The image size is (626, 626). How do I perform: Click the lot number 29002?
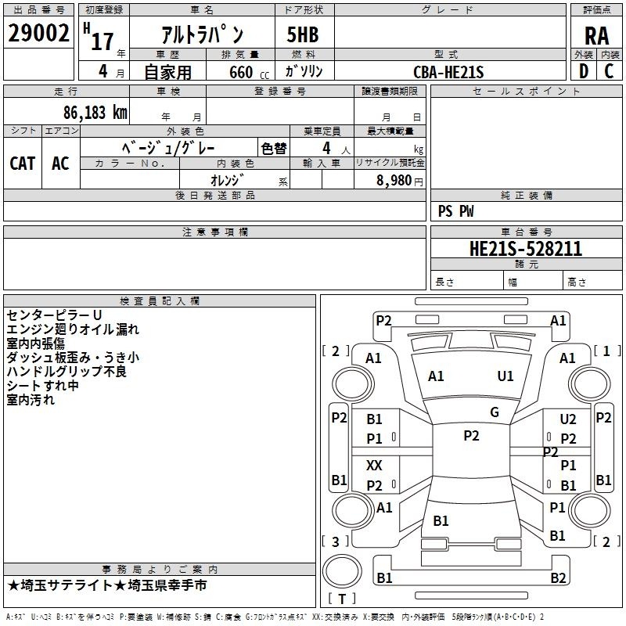tap(38, 33)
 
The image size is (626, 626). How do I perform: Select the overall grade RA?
tap(597, 36)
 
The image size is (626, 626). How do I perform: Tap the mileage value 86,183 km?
tap(95, 113)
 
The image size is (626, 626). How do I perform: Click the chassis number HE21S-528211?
tap(526, 249)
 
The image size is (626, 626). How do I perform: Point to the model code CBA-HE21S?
tap(448, 72)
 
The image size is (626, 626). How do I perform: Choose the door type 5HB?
tap(303, 34)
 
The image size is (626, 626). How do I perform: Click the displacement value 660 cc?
tap(249, 72)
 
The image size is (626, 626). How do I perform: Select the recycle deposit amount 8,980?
tap(394, 180)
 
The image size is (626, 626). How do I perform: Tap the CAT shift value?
tap(23, 164)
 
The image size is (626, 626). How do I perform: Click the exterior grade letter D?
tap(584, 71)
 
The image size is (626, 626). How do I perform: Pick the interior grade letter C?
tap(609, 71)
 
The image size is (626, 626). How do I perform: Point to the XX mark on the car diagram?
tap(374, 465)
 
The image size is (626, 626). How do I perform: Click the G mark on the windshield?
tap(495, 412)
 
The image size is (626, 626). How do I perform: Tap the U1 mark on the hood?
tap(505, 376)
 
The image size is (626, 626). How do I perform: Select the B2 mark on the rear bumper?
tap(558, 577)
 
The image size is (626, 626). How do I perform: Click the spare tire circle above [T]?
tap(342, 571)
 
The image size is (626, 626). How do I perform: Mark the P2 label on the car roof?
tap(471, 436)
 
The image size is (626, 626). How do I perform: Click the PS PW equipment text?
tap(455, 211)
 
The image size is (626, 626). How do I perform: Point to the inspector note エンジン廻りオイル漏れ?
tap(73, 329)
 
